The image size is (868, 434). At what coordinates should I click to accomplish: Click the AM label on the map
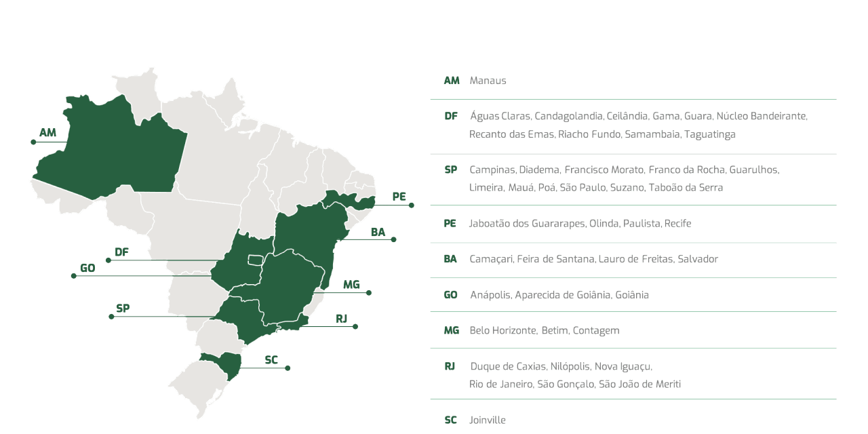(x=48, y=132)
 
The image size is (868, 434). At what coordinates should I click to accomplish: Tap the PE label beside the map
(x=399, y=197)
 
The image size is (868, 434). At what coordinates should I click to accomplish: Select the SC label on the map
(x=272, y=359)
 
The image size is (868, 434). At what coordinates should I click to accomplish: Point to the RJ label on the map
(x=341, y=318)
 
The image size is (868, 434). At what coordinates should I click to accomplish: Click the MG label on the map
(x=351, y=284)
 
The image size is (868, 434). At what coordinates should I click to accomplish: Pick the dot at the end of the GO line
(x=73, y=276)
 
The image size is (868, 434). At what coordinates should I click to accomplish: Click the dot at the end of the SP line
(x=110, y=317)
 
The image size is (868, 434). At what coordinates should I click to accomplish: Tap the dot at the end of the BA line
(x=394, y=239)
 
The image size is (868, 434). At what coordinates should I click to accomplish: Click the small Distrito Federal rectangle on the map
(x=255, y=260)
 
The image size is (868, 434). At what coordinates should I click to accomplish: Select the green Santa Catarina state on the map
(x=227, y=363)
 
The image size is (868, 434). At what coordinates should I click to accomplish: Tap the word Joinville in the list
(x=488, y=420)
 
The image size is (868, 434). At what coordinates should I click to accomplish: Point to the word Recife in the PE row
(x=677, y=223)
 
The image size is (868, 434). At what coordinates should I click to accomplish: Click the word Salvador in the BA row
(x=698, y=259)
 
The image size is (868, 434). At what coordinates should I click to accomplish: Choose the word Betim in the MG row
(x=553, y=330)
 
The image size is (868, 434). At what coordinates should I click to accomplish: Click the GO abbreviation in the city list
(x=451, y=295)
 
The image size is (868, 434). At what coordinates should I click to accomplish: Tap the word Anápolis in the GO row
(x=490, y=295)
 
